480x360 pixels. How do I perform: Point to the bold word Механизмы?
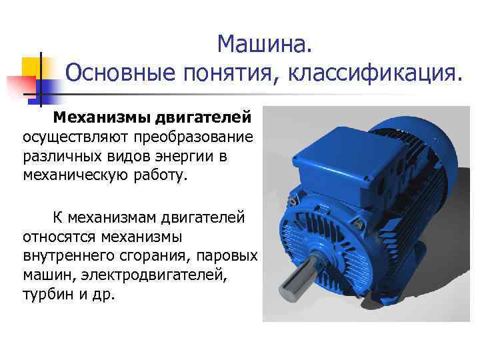tap(102, 118)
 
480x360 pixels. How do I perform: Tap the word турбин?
tap(45, 294)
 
